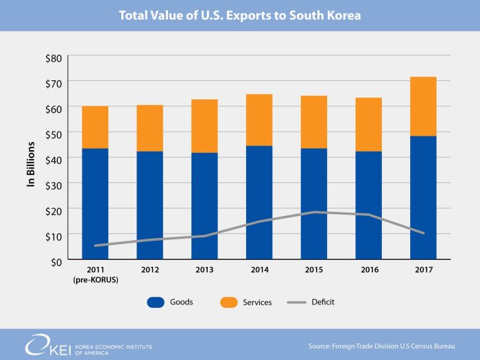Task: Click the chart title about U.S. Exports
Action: (x=239, y=14)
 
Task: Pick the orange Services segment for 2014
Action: (x=259, y=120)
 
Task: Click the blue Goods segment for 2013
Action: (x=204, y=206)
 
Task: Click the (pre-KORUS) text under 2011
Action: (x=95, y=280)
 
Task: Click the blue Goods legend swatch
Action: (x=157, y=302)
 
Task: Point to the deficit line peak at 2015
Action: (x=314, y=212)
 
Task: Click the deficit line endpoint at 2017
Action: (x=423, y=233)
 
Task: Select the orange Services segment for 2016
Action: (x=368, y=125)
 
